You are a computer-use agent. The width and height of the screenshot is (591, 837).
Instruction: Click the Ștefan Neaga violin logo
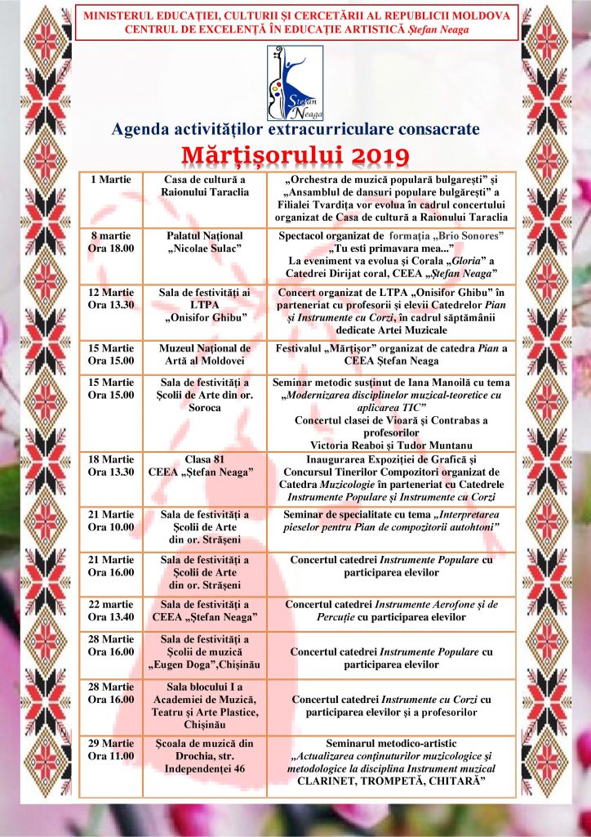[294, 83]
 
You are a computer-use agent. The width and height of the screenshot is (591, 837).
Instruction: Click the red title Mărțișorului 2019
[295, 154]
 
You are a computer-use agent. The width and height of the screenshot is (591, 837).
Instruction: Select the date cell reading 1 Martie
[112, 179]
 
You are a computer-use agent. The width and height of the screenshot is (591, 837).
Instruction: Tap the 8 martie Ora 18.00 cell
[112, 242]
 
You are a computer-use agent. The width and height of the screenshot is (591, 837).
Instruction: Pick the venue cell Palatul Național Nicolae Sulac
[205, 242]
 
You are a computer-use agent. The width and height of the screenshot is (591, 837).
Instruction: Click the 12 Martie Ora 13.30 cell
[112, 298]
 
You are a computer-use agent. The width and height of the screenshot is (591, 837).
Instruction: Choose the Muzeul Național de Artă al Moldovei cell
[205, 355]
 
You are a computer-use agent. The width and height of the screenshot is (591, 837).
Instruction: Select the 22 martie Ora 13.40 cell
[112, 610]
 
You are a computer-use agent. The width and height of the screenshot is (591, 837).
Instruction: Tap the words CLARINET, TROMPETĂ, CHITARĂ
[388, 782]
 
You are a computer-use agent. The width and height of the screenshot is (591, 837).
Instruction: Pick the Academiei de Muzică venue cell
[205, 705]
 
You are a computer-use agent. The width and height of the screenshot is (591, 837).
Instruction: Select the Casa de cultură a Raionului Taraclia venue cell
[205, 185]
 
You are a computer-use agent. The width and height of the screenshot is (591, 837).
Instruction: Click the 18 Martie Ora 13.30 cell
[112, 465]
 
